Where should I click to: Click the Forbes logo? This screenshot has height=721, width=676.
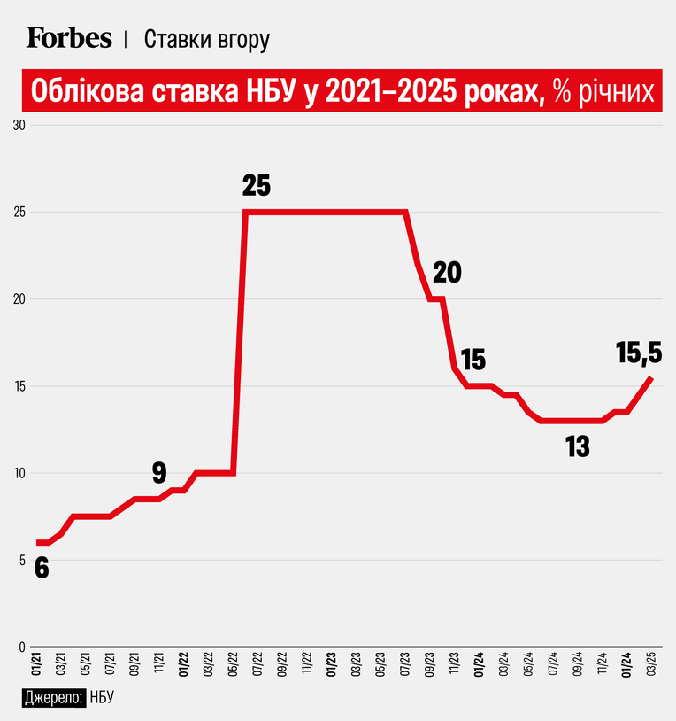click(69, 38)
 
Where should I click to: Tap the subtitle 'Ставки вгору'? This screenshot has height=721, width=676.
click(207, 40)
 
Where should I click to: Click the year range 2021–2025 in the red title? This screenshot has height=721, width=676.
click(391, 91)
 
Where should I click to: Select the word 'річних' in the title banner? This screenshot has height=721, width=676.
click(615, 91)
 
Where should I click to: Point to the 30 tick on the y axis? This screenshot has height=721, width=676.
click(19, 125)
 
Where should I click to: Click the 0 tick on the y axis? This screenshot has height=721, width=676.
click(22, 647)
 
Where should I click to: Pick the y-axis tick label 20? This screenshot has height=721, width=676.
click(19, 298)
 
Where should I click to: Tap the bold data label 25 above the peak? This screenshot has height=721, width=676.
click(257, 186)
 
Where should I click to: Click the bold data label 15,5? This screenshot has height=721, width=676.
click(639, 353)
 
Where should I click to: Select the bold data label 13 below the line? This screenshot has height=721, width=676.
click(577, 446)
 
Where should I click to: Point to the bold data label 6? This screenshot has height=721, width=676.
click(42, 569)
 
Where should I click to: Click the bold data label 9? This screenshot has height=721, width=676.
click(159, 473)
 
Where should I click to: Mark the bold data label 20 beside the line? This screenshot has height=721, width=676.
click(447, 272)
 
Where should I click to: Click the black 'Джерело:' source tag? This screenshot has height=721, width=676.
click(54, 698)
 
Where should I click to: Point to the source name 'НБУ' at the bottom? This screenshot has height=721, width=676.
click(102, 698)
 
